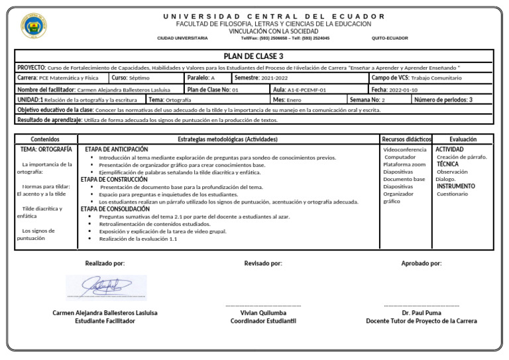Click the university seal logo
(34, 27)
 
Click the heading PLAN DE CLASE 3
(254, 56)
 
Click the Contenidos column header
(45, 140)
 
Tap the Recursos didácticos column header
(406, 140)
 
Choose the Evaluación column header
(463, 140)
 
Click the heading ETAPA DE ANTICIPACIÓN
(117, 150)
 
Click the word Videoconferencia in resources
(405, 150)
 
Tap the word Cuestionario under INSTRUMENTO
(452, 194)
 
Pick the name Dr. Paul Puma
(421, 313)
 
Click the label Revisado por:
(262, 263)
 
